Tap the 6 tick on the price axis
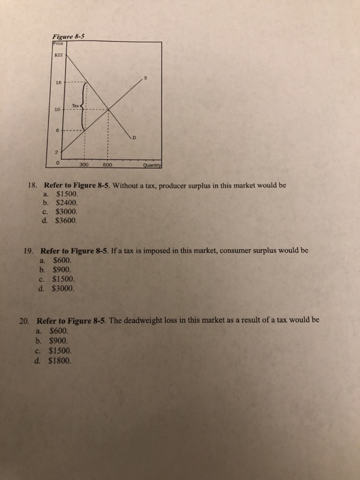coord(60,129)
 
